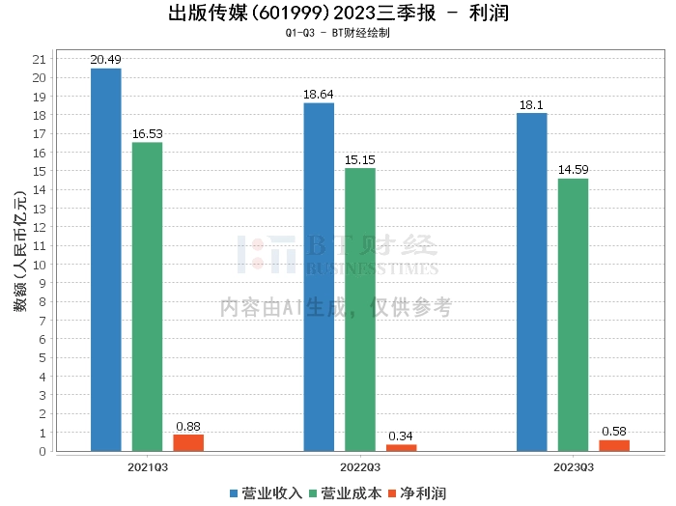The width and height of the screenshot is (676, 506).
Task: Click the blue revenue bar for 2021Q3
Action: click(105, 259)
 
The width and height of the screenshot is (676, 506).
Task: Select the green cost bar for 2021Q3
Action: click(147, 296)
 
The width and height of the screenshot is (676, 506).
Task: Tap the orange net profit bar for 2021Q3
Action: click(188, 442)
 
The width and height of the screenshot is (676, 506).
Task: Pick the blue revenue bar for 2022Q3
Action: click(319, 276)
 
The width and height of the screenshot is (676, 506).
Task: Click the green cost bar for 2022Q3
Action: click(360, 309)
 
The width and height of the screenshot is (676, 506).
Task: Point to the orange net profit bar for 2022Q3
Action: click(402, 447)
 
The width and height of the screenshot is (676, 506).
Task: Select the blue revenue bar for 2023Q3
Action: click(532, 281)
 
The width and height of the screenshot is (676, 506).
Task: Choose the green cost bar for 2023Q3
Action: click(573, 314)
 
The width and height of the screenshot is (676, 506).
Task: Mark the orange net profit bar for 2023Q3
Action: click(614, 445)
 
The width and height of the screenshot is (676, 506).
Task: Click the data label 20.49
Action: click(105, 60)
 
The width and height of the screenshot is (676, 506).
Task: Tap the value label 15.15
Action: click(360, 159)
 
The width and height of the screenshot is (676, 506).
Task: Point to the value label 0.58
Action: click(614, 431)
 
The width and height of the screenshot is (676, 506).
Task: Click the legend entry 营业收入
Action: click(266, 492)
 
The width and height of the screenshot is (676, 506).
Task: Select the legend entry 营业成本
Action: click(349, 492)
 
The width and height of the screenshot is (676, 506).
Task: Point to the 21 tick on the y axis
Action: click(40, 59)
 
